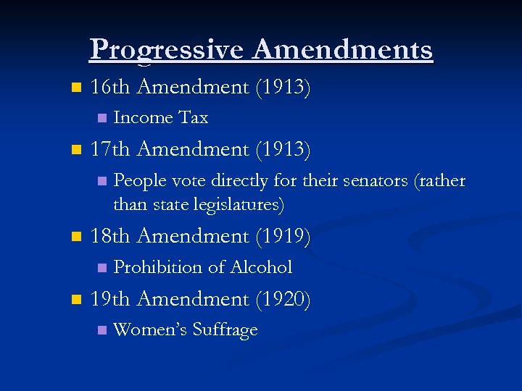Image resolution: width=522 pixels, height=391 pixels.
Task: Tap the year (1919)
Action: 283,236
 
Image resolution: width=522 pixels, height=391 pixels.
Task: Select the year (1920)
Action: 283,298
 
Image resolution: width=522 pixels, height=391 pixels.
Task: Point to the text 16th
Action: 110,87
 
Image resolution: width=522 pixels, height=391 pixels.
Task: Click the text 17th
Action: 110,149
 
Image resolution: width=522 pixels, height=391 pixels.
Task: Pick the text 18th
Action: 110,236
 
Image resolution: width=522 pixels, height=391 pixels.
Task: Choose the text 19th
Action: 110,298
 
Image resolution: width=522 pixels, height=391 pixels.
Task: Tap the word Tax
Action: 193,117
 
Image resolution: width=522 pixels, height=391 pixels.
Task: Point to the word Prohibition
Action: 158,267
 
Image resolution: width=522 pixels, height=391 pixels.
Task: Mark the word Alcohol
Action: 261,267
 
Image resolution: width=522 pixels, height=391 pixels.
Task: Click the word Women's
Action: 149,330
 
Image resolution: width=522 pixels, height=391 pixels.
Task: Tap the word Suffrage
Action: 224,330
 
